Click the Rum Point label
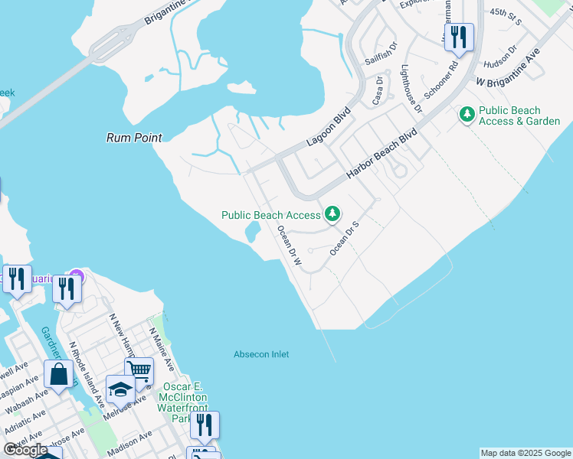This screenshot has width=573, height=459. [x=134, y=138]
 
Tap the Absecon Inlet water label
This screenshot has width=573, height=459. [x=261, y=354]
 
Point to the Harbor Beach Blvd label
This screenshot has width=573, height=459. [x=381, y=154]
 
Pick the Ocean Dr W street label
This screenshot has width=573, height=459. [x=290, y=246]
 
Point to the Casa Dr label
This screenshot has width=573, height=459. [x=377, y=90]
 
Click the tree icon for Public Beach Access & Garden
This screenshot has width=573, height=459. [x=467, y=115]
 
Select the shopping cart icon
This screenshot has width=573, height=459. [x=139, y=371]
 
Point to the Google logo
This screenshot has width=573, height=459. [x=25, y=450]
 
